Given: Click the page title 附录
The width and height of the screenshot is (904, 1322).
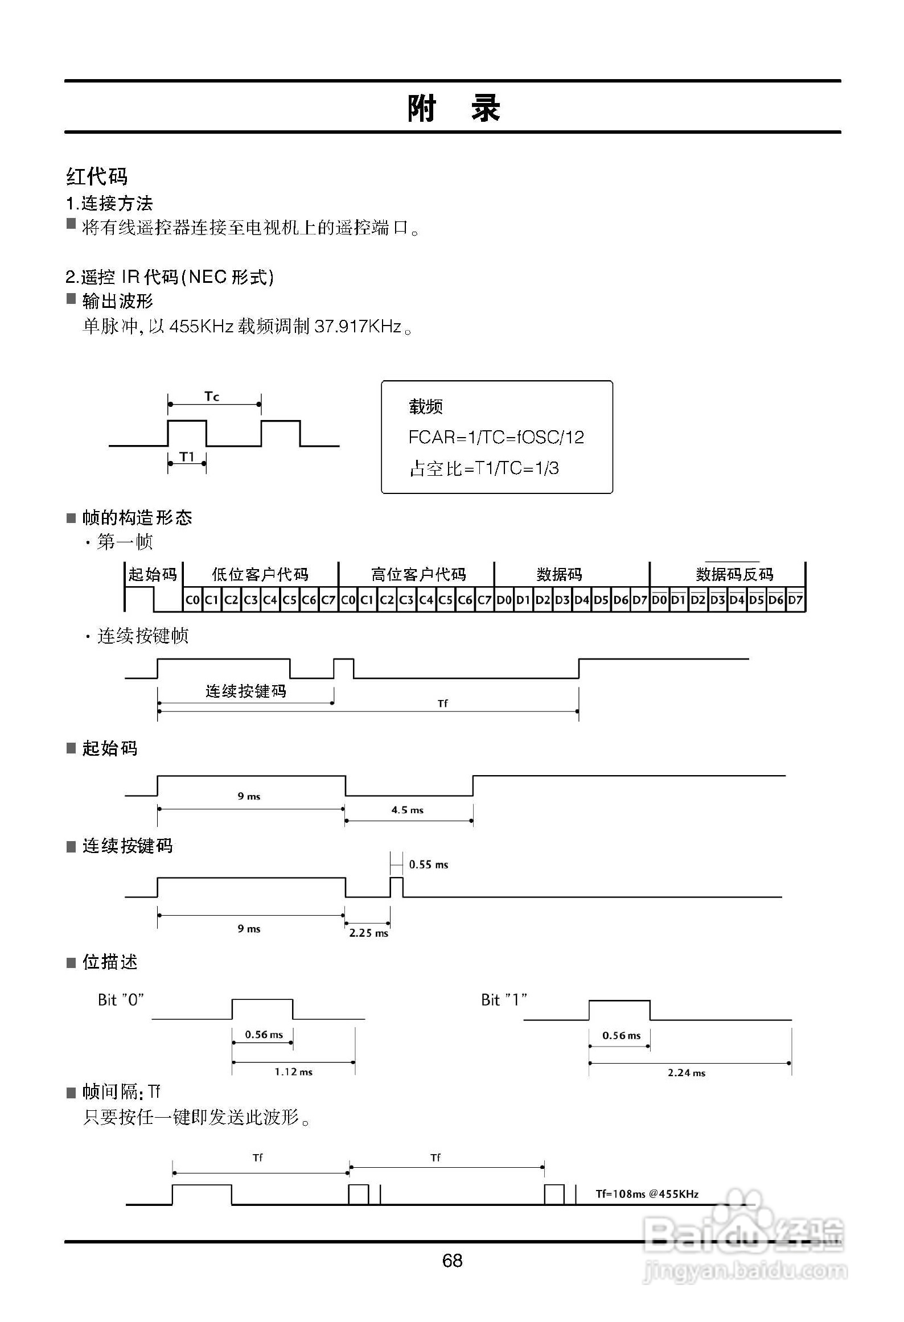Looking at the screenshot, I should click(453, 108).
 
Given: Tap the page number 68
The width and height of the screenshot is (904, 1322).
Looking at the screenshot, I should click(452, 1261).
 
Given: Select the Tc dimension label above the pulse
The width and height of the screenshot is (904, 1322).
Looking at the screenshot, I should click(212, 396).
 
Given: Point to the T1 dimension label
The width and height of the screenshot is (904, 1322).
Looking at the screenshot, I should click(187, 456).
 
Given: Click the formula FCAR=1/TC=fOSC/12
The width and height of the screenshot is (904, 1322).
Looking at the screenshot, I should click(496, 437).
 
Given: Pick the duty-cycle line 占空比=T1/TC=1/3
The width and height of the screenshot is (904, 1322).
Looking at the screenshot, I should click(484, 468).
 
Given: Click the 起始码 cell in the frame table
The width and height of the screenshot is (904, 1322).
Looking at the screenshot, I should click(153, 574).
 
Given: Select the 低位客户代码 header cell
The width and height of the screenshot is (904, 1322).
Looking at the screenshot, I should click(260, 574).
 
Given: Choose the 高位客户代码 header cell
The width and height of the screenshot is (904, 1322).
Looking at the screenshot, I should click(418, 574).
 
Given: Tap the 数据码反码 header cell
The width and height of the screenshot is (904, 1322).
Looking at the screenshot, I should click(734, 574).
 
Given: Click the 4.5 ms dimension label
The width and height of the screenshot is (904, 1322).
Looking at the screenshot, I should click(407, 810).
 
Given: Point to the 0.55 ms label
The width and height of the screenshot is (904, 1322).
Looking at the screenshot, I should click(429, 864).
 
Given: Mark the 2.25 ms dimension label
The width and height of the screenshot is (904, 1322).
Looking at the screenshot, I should click(368, 933).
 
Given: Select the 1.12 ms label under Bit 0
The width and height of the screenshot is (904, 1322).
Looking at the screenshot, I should click(293, 1072).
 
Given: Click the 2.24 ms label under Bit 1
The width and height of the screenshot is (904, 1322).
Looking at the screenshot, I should click(686, 1073).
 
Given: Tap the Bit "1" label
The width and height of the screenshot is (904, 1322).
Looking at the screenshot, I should click(504, 1000).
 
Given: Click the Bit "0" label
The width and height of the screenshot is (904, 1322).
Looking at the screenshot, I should click(121, 1000).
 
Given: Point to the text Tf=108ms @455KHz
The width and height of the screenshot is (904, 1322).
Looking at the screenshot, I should click(647, 1194).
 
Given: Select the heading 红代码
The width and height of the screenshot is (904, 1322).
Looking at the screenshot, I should click(97, 176).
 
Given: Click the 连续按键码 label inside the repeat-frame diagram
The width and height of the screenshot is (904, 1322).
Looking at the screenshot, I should click(245, 691).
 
